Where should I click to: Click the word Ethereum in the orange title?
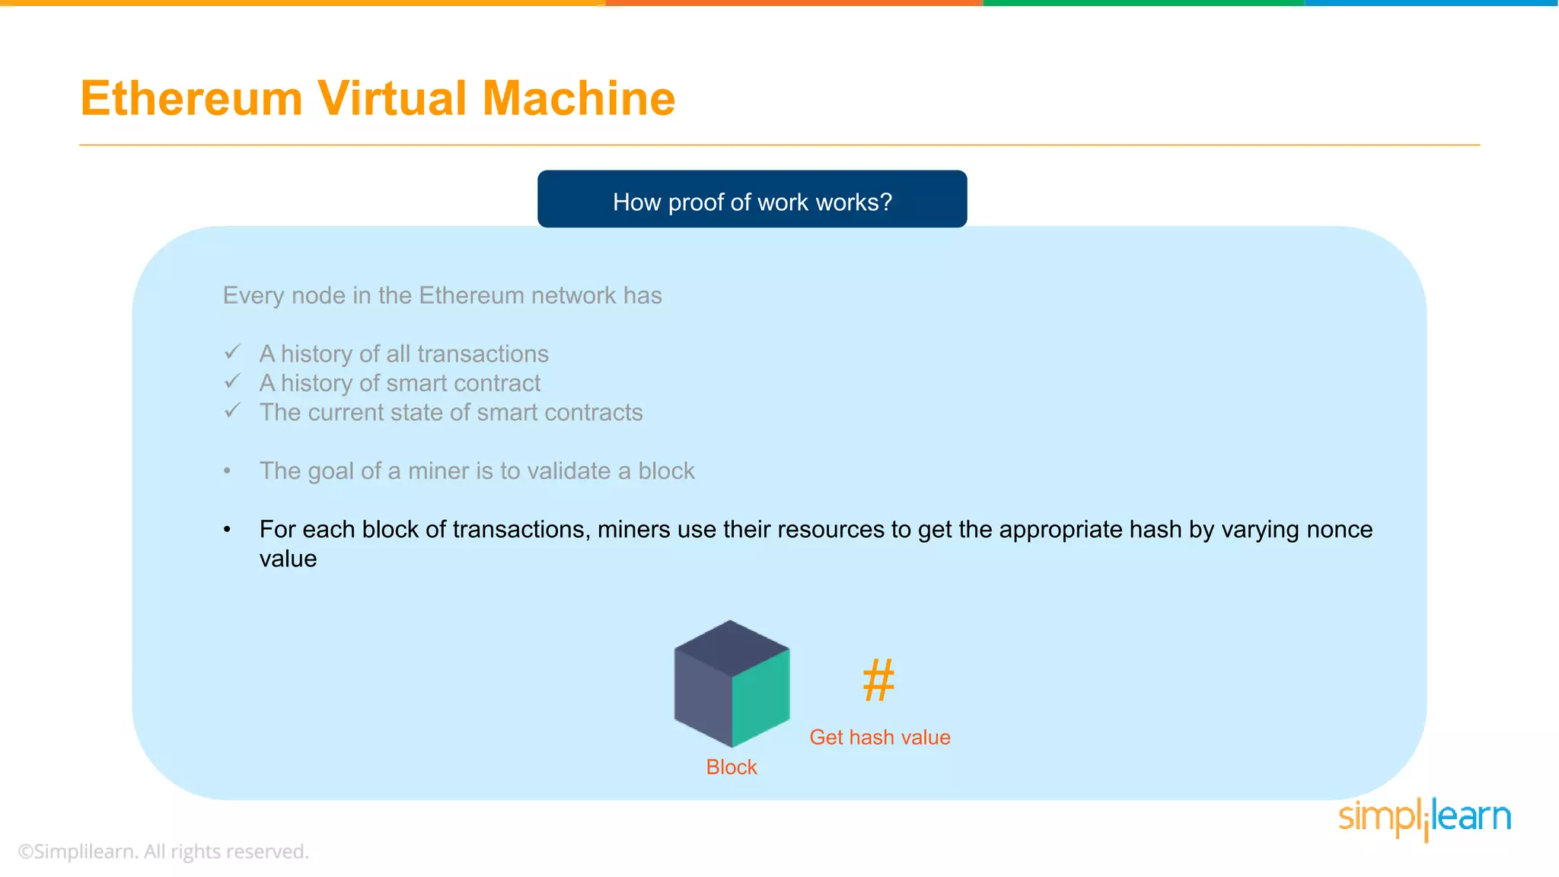click(x=192, y=99)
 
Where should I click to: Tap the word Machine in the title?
click(x=579, y=99)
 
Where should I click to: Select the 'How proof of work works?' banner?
click(x=752, y=199)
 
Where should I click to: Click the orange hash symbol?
click(x=878, y=680)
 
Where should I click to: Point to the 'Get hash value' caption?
click(x=879, y=737)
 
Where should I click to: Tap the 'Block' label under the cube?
click(x=731, y=767)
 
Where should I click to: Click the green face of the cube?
click(x=760, y=697)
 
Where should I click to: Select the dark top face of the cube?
click(x=732, y=648)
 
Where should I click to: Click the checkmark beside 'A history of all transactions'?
click(x=233, y=352)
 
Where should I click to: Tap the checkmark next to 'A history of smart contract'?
click(x=233, y=381)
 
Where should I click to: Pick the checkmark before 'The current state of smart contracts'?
click(x=233, y=411)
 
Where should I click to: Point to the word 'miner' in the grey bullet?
click(x=438, y=471)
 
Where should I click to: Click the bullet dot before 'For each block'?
click(x=227, y=530)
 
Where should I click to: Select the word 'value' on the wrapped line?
click(x=288, y=559)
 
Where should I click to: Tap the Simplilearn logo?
click(x=1424, y=818)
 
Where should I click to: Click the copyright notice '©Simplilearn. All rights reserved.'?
click(x=163, y=851)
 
